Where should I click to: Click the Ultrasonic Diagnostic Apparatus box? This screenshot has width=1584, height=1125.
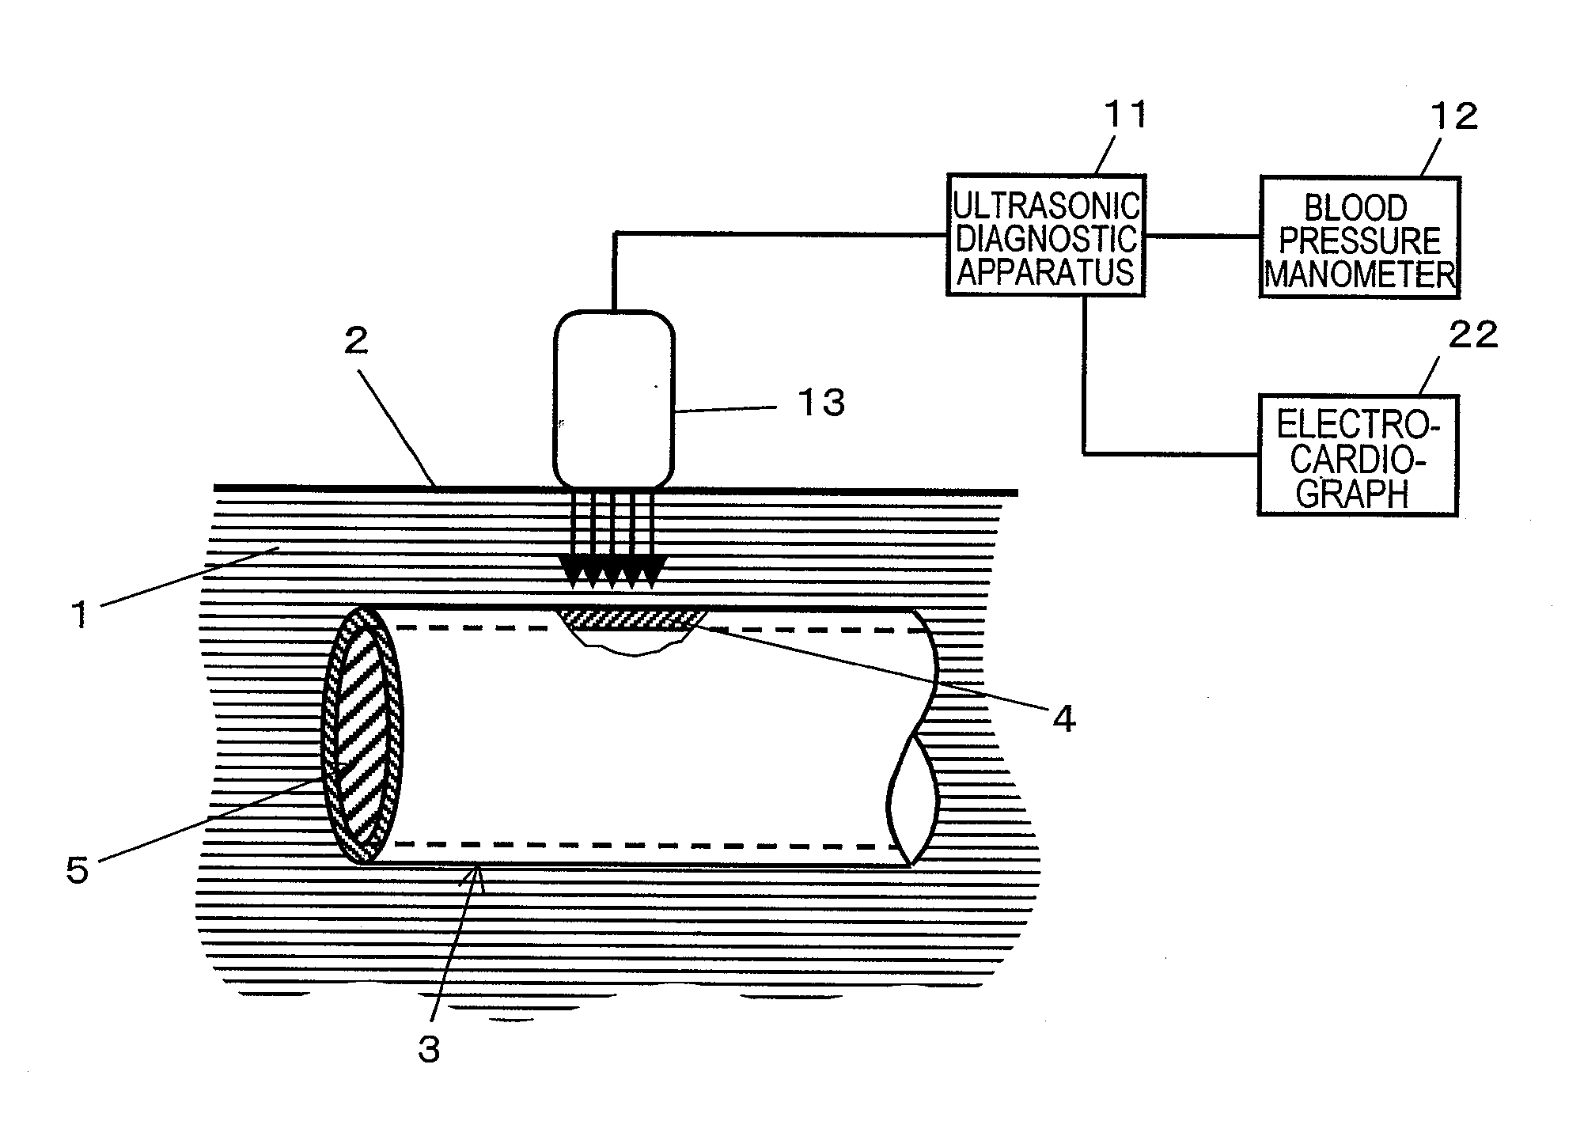click(x=1045, y=235)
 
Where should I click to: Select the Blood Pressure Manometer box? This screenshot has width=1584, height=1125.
click(x=1359, y=237)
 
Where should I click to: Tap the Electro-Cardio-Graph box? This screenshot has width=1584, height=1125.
click(x=1357, y=455)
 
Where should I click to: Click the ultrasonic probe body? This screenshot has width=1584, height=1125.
click(x=614, y=399)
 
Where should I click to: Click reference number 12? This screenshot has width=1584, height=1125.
click(x=1453, y=117)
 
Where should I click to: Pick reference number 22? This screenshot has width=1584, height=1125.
click(x=1472, y=335)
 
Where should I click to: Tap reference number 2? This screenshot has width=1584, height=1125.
click(x=356, y=341)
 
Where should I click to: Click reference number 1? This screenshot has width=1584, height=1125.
click(x=79, y=615)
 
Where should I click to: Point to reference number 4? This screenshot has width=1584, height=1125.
click(x=1063, y=719)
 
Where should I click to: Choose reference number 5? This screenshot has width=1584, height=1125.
click(x=77, y=869)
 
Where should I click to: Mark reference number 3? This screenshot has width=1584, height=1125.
click(x=428, y=1050)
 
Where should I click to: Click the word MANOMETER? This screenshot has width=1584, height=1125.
click(x=1359, y=275)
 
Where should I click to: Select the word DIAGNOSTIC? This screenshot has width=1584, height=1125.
click(x=1046, y=238)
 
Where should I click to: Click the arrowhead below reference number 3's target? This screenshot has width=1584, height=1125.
click(x=477, y=872)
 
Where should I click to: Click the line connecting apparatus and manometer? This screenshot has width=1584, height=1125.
click(x=1202, y=236)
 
